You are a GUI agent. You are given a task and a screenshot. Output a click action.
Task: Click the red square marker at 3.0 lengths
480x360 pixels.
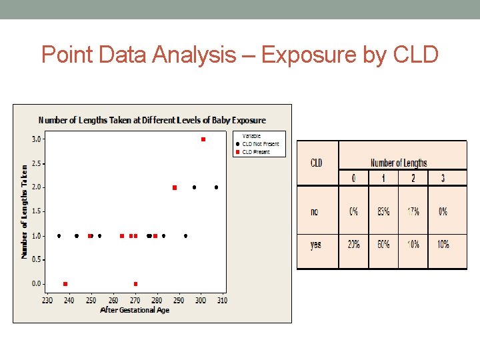click(x=203, y=139)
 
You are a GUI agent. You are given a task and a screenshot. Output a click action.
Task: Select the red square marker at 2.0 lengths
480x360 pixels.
click(x=175, y=188)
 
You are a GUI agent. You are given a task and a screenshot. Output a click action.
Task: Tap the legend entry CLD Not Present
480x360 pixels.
click(x=261, y=144)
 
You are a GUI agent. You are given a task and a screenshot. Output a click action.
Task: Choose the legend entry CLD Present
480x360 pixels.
click(x=257, y=152)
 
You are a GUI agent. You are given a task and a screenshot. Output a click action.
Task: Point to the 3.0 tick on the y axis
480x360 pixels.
click(x=37, y=139)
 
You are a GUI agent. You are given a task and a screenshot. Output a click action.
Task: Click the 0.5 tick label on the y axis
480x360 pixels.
click(x=37, y=259)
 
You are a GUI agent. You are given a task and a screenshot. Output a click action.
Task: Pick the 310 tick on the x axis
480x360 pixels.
click(x=221, y=301)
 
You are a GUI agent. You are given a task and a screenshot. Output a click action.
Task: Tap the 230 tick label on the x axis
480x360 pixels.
click(x=48, y=301)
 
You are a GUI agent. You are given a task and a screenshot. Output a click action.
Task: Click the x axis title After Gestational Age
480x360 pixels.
click(x=135, y=310)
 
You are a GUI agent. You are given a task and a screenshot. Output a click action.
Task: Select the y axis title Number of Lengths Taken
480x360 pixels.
click(x=25, y=212)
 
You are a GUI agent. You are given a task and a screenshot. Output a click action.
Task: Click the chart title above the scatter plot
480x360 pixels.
click(x=152, y=121)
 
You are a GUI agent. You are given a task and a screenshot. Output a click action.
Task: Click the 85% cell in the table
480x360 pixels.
click(x=383, y=212)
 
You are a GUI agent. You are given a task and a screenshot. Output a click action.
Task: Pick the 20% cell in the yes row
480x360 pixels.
click(x=353, y=245)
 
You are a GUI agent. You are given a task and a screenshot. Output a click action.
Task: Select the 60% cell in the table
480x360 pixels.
click(x=383, y=245)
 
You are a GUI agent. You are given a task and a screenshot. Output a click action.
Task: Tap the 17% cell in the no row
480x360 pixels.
click(x=413, y=212)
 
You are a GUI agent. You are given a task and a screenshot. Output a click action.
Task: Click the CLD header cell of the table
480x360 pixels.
click(x=317, y=163)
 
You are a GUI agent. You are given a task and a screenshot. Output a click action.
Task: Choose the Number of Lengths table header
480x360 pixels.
click(x=399, y=163)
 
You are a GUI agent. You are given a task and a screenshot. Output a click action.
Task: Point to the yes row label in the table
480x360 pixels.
click(x=316, y=245)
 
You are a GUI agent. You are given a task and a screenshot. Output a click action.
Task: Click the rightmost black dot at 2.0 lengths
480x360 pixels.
click(x=217, y=187)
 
